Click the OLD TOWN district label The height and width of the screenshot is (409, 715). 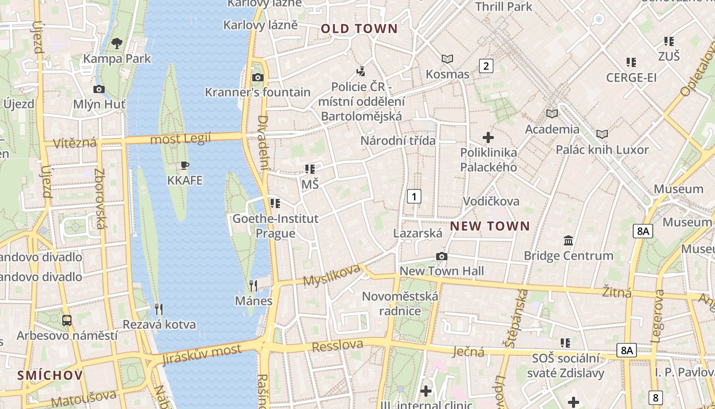tap(359, 29)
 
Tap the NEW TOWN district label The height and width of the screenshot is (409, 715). tap(490, 226)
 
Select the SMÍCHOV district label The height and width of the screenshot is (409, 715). tap(50, 375)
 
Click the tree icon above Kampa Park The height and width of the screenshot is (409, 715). tap(117, 43)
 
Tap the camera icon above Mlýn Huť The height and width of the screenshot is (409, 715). tap(99, 89)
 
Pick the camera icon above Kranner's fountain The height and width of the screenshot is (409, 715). tap(258, 77)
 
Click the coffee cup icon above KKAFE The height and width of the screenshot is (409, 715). tap(185, 165)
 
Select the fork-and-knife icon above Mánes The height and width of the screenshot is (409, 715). tap(253, 285)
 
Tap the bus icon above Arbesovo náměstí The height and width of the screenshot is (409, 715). tap(67, 321)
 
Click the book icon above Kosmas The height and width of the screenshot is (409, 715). tap(447, 59)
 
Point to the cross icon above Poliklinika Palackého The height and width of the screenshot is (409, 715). tap(488, 137)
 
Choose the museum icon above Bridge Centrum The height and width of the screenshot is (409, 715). tap(568, 240)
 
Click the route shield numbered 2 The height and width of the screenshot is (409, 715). tap(486, 65)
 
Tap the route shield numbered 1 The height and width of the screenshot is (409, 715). tap(414, 196)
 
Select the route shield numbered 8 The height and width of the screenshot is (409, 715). tap(656, 397)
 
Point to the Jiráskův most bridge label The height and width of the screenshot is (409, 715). tap(201, 354)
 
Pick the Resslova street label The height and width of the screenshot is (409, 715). tap(337, 346)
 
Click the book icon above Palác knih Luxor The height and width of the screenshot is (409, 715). tap(602, 134)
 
